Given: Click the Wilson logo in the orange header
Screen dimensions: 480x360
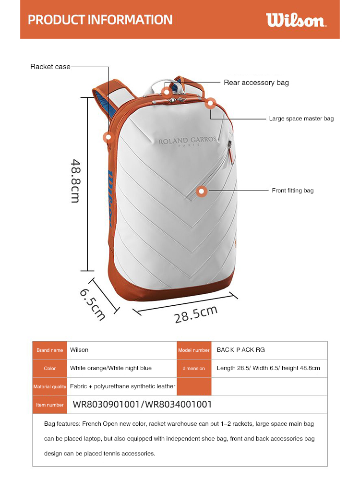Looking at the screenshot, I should pyautogui.click(x=296, y=20).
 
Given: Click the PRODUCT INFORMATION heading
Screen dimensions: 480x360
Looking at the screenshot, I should pyautogui.click(x=100, y=20).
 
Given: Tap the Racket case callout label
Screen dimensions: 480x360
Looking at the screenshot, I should pyautogui.click(x=50, y=67).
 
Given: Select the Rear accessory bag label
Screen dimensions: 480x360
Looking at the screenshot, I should pyautogui.click(x=256, y=83).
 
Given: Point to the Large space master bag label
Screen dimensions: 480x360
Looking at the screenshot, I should pyautogui.click(x=301, y=118).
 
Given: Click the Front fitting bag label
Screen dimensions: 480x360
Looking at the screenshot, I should pyautogui.click(x=292, y=191).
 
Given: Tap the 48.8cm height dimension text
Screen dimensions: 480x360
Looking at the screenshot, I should pyautogui.click(x=74, y=180).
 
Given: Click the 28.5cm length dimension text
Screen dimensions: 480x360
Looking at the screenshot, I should pyautogui.click(x=196, y=314).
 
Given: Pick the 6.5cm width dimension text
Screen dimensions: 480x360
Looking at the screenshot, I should pyautogui.click(x=92, y=304).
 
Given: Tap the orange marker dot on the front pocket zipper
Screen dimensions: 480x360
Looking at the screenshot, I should pyautogui.click(x=202, y=191).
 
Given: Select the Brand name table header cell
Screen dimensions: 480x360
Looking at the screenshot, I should pyautogui.click(x=50, y=350).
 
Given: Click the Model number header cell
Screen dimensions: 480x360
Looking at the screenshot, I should pyautogui.click(x=194, y=350).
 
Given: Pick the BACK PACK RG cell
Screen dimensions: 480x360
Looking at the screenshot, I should pyautogui.click(x=240, y=350).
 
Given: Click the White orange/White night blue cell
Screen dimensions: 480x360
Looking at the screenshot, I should pyautogui.click(x=111, y=368).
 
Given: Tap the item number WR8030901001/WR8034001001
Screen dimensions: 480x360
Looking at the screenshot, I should pyautogui.click(x=142, y=405).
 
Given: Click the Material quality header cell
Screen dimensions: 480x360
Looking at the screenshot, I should pyautogui.click(x=50, y=386).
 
